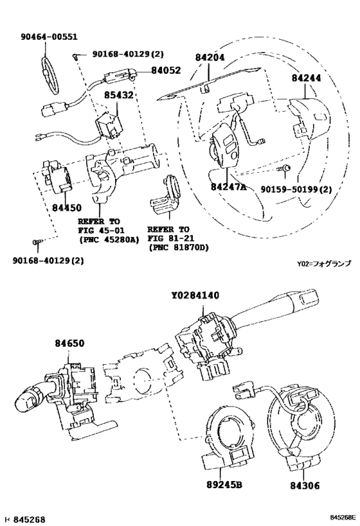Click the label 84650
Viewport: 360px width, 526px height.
pyautogui.click(x=69, y=345)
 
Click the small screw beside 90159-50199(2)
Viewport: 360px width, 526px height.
pyautogui.click(x=287, y=168)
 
